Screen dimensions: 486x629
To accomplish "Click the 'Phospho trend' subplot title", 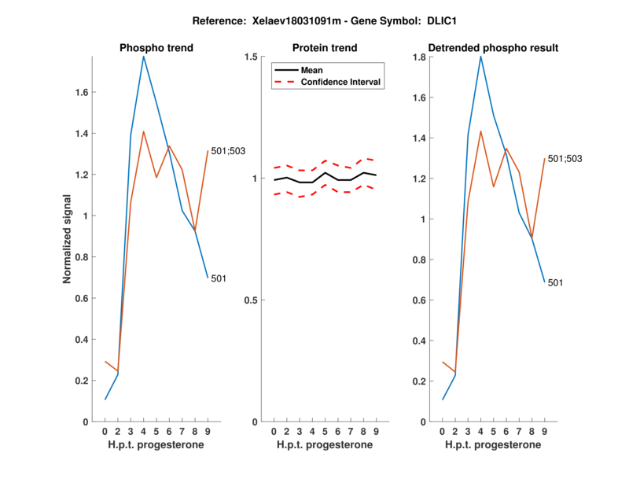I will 156,48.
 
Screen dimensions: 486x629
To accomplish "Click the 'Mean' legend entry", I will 312,70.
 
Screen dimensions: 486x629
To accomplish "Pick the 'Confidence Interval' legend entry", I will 341,81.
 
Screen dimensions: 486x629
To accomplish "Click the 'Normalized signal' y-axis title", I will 68,239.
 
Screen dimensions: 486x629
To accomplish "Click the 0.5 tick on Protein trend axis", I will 252,300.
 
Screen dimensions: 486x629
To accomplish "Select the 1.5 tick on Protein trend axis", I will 252,57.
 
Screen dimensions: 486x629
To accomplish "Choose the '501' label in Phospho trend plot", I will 219,278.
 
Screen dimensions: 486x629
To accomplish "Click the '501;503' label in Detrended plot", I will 564,159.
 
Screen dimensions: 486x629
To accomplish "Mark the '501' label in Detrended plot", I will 556,282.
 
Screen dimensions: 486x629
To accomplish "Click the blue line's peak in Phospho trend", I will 143,56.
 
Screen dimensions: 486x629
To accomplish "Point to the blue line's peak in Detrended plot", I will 480,56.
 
